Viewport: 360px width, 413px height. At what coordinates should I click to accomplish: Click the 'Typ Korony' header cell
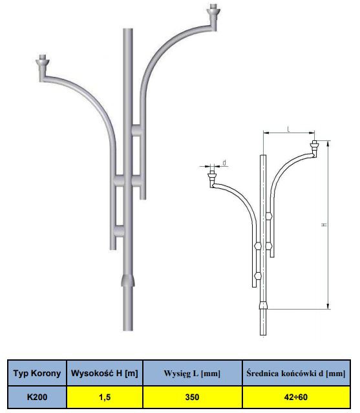[37, 373]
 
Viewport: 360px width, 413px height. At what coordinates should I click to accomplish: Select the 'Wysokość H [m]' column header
[105, 373]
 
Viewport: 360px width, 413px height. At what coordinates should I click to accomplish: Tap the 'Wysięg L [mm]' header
[192, 373]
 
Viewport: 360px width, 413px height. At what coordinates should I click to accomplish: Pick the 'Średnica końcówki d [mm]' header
[296, 373]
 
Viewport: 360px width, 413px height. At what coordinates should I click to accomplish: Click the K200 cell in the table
[37, 397]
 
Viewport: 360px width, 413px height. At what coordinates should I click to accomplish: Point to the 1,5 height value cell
[105, 397]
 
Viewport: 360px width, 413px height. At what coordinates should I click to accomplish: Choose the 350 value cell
[192, 397]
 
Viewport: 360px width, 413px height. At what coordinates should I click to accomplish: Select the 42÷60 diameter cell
[296, 397]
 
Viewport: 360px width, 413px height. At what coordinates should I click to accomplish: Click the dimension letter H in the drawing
[324, 225]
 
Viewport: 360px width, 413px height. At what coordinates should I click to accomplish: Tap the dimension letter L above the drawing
[289, 129]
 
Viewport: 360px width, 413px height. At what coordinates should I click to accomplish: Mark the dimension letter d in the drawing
[224, 163]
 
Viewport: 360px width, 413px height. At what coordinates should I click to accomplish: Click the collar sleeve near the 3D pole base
[128, 281]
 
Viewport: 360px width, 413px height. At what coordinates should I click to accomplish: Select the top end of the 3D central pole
[128, 30]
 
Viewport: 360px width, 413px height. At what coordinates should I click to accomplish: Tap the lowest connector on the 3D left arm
[120, 231]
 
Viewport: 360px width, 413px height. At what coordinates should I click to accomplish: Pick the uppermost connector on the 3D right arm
[136, 131]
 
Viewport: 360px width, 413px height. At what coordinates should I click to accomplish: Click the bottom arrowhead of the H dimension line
[328, 306]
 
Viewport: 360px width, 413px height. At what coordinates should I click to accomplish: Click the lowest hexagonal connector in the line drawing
[258, 276]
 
